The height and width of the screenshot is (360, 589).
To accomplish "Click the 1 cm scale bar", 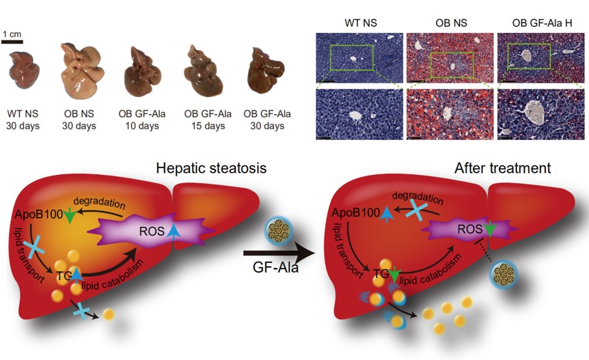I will [x=12, y=41].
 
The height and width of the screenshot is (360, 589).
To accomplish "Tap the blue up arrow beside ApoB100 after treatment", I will [x=387, y=214].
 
